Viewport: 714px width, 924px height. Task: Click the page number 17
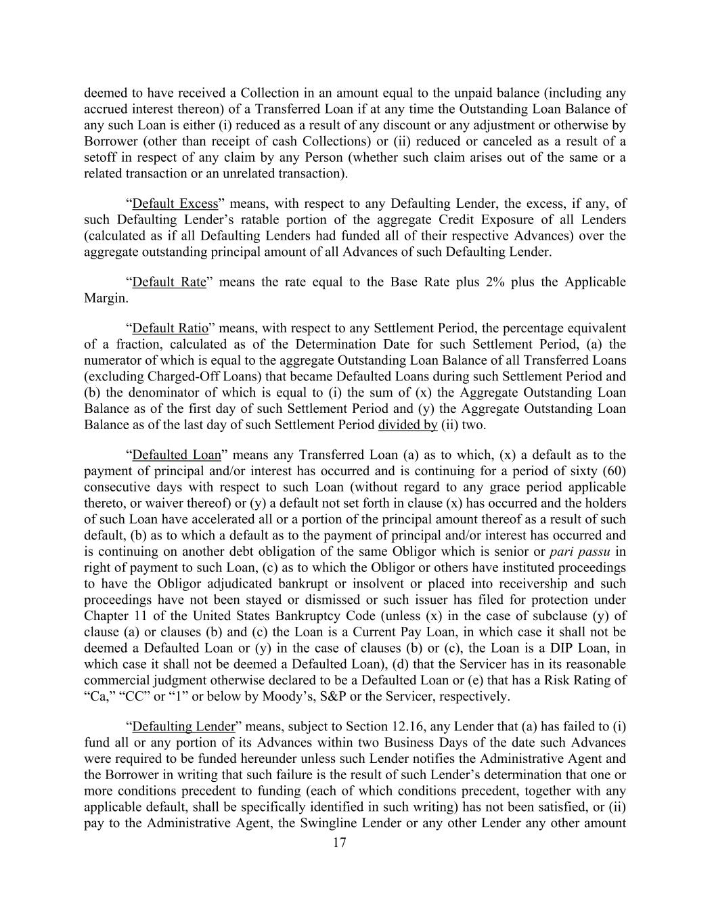[x=340, y=843]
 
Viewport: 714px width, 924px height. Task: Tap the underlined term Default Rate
[x=169, y=282]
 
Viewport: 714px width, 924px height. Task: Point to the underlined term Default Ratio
[x=171, y=328]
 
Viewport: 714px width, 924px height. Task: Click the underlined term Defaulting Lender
[x=183, y=727]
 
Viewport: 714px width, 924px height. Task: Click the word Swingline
[x=303, y=824]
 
